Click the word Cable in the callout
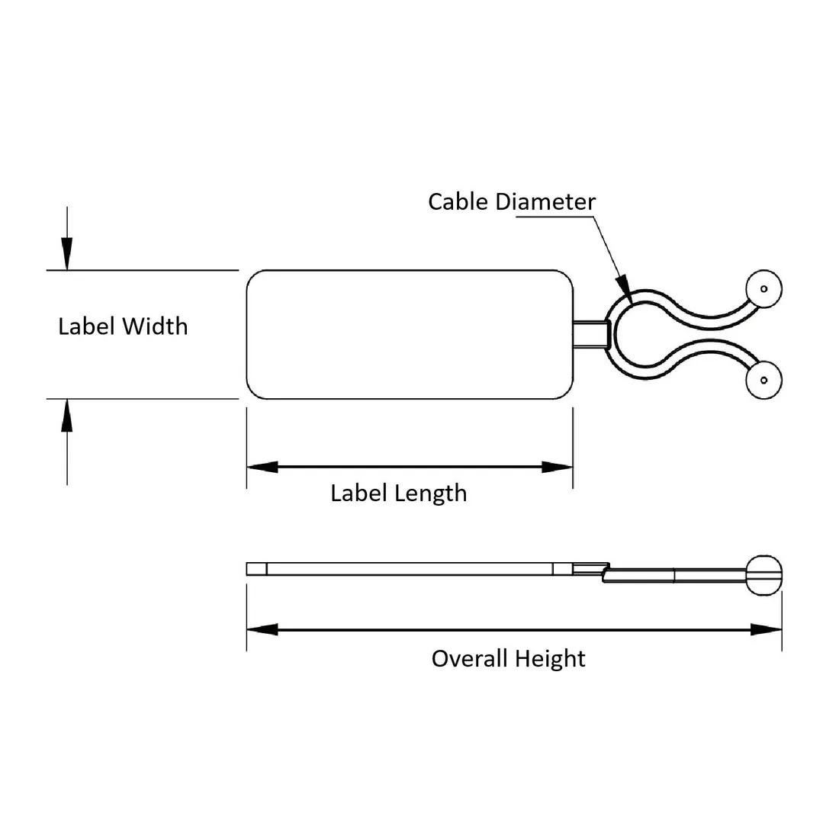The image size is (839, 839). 459,201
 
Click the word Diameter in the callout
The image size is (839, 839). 545,201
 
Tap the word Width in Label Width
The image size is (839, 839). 155,326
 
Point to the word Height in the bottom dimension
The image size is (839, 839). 551,659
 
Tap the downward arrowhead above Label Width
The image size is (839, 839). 67,254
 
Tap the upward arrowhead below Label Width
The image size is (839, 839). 67,416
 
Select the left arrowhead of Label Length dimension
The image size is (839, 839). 262,467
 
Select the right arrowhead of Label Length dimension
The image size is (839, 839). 557,467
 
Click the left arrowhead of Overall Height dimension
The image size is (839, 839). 262,630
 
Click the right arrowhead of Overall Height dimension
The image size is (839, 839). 767,630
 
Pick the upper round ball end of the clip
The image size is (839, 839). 764,289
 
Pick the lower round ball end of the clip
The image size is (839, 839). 764,381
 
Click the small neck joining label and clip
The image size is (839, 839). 591,334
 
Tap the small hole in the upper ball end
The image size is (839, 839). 764,289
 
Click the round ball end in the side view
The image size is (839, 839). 764,576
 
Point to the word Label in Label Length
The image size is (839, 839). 358,493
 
